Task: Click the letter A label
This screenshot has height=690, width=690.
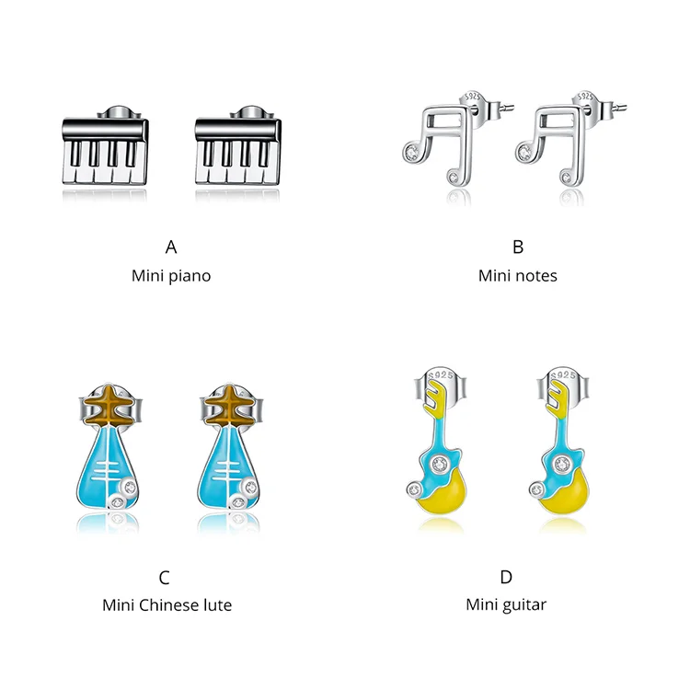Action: click(x=171, y=247)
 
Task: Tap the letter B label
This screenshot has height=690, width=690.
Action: click(x=517, y=247)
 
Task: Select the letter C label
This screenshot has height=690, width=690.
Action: click(x=165, y=578)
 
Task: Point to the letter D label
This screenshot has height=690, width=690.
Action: click(x=506, y=578)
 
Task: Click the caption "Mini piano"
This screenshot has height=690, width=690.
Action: click(x=171, y=275)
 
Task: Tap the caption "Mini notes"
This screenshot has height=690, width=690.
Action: click(x=517, y=275)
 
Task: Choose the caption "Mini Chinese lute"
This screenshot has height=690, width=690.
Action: click(x=167, y=604)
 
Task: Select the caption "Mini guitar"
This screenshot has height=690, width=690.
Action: click(x=506, y=604)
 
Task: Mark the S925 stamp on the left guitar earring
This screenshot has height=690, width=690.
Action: click(x=438, y=378)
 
